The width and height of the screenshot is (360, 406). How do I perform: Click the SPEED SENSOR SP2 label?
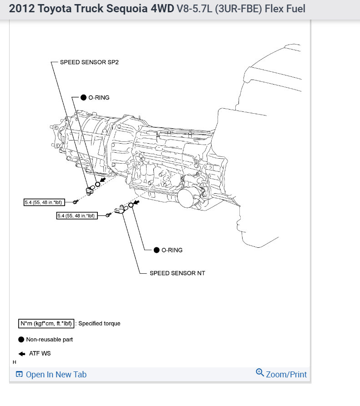click(89, 62)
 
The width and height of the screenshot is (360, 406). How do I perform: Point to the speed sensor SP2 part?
click(90, 190)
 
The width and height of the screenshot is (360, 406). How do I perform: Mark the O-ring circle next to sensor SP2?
click(97, 185)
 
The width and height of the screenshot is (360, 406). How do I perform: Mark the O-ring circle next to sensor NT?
click(131, 206)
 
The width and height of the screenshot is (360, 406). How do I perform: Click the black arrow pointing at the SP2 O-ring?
click(103, 180)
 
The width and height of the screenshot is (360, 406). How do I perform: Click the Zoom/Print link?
click(286, 375)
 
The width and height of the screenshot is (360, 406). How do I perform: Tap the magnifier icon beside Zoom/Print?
click(260, 373)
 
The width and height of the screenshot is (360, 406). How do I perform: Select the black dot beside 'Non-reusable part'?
click(21, 339)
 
